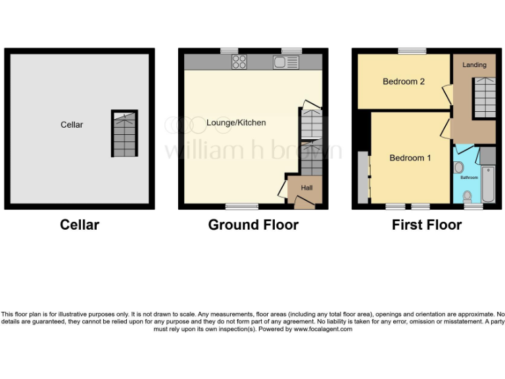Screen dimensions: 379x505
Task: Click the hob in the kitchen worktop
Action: tap(239, 62)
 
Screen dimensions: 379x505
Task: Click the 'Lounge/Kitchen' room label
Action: tap(236, 122)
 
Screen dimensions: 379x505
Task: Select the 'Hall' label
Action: tap(306, 188)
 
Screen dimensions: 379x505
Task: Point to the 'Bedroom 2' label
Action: tap(404, 82)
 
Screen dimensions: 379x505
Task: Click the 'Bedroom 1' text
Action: tap(410, 158)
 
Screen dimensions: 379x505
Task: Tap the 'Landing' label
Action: tap(474, 64)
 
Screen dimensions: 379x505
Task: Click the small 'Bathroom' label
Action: tap(469, 178)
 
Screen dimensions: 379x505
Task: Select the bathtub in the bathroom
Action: tap(489, 185)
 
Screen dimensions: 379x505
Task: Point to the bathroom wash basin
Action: tap(458, 167)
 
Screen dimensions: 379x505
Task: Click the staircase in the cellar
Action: tap(124, 134)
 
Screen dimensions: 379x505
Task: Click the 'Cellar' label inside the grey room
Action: tap(72, 124)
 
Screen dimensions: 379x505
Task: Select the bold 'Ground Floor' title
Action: tap(253, 225)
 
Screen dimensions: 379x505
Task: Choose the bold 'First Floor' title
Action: tap(426, 225)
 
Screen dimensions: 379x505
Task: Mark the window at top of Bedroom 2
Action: tap(412, 51)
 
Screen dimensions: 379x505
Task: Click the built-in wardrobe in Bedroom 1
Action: tap(362, 178)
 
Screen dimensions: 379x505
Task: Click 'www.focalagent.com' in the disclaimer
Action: tap(323, 329)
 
